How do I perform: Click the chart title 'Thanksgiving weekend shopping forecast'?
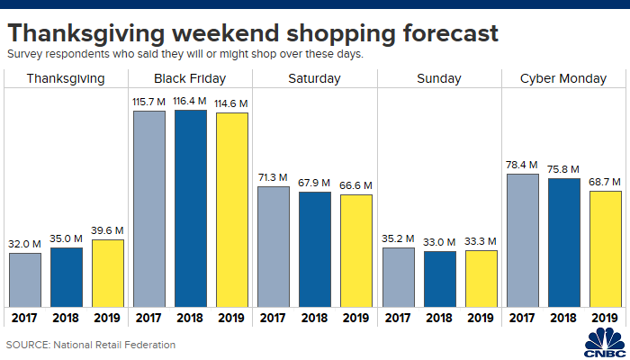click(253, 34)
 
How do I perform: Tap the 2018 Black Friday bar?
click(190, 208)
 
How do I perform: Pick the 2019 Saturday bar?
click(355, 250)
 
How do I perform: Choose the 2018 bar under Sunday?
click(438, 278)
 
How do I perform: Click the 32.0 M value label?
click(25, 243)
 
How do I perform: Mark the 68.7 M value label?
click(604, 181)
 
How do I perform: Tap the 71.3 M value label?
click(274, 176)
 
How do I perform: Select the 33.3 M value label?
click(480, 240)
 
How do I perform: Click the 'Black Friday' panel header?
click(190, 78)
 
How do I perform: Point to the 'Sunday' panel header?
click(438, 78)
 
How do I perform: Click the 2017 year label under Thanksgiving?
click(25, 318)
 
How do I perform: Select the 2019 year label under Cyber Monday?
click(604, 318)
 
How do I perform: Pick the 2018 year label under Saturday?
click(314, 318)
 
